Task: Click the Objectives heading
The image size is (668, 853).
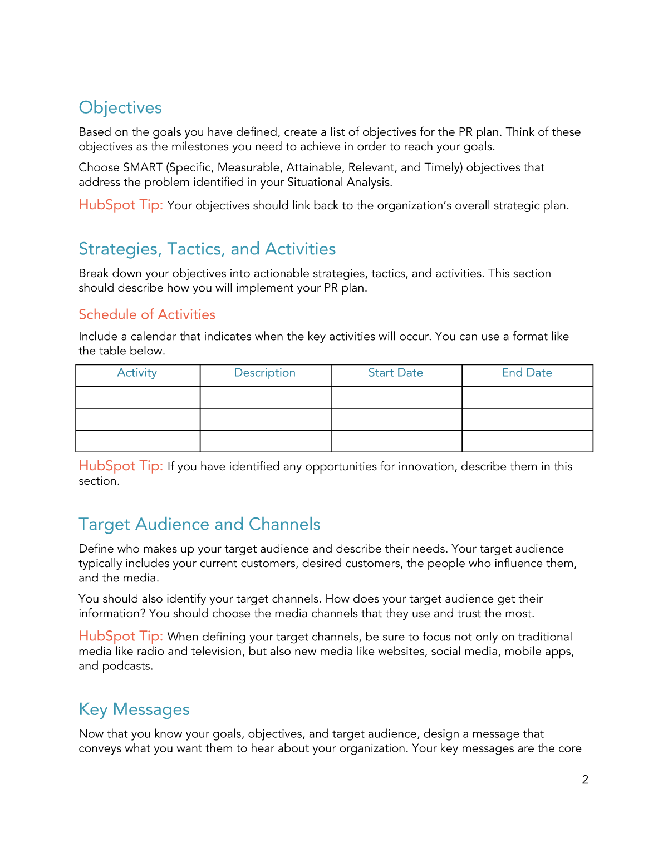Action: tap(120, 107)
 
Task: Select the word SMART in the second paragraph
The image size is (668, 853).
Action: tap(143, 167)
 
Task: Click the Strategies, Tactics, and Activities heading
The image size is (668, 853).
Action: tap(207, 249)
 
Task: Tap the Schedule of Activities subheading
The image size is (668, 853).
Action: tap(147, 314)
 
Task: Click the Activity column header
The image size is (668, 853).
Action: tap(137, 373)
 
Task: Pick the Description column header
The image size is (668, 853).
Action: tap(264, 373)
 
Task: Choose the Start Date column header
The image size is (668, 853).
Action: tap(395, 373)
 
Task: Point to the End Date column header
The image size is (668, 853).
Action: tap(527, 373)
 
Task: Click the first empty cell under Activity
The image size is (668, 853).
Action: tap(137, 397)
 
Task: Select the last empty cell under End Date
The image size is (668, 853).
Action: tap(527, 441)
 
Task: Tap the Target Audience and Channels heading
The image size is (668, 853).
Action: tap(199, 524)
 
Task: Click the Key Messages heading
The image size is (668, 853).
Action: tap(134, 709)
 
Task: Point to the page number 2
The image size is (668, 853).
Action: tap(585, 780)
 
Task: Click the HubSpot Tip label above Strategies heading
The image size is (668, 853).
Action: tap(121, 205)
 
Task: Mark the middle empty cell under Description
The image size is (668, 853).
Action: tap(265, 419)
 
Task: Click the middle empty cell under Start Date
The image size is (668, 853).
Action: tap(396, 419)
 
